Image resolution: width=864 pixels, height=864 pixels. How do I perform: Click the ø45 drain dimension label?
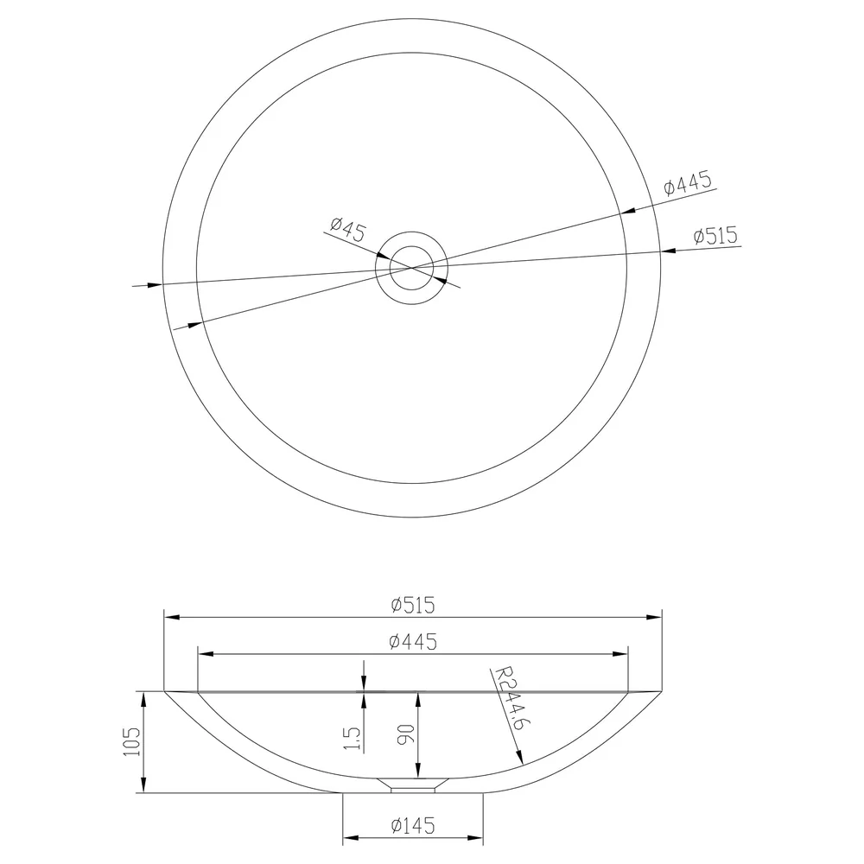click(347, 229)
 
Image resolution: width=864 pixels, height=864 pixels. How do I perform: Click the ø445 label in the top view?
click(689, 183)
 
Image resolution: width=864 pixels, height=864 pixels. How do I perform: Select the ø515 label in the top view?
click(715, 235)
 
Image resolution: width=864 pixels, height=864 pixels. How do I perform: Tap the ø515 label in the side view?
click(413, 605)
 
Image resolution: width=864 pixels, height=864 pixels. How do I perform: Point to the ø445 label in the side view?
click(413, 641)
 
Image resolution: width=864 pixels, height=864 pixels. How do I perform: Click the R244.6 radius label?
click(509, 698)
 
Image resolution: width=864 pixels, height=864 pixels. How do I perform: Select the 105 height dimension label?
click(132, 741)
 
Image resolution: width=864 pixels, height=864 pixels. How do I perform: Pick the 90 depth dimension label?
click(405, 734)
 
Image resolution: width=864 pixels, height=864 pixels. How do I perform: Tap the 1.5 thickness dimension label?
click(353, 738)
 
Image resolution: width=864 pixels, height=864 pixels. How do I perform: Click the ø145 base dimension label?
click(413, 825)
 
